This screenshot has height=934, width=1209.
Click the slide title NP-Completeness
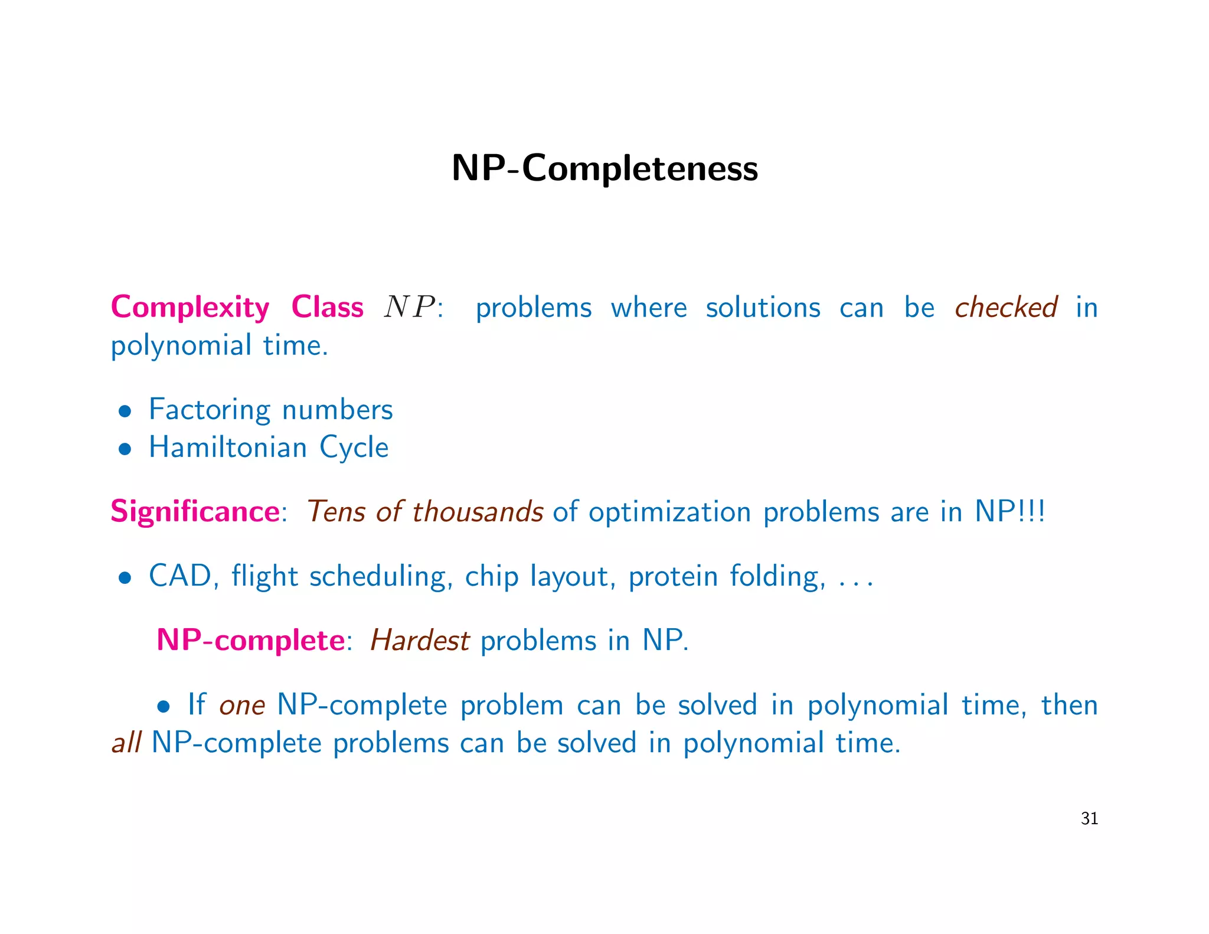pos(604,168)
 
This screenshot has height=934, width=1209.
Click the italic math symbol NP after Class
pos(410,308)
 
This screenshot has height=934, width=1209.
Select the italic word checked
pos(1006,308)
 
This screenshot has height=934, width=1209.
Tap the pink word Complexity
pos(190,308)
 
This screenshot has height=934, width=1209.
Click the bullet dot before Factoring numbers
pos(124,412)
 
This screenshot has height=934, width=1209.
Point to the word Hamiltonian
pos(227,447)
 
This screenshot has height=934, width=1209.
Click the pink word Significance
pos(195,511)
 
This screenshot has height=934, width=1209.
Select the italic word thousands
pos(478,511)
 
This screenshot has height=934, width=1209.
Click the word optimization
pos(669,511)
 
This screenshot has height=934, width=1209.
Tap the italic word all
pos(126,743)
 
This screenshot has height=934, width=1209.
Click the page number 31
pos(1089,818)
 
